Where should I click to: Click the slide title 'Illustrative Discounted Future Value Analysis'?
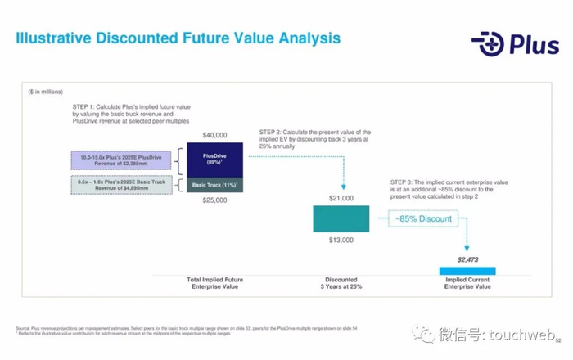click(178, 39)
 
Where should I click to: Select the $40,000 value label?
click(215, 134)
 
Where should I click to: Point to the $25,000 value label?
click(215, 200)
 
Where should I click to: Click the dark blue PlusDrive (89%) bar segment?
click(215, 159)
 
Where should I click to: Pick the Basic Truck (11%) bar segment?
click(215, 185)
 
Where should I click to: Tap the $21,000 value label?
click(341, 199)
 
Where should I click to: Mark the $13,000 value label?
click(341, 241)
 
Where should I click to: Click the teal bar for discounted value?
click(341, 218)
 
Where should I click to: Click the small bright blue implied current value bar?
click(467, 270)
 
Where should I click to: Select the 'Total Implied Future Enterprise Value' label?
click(215, 283)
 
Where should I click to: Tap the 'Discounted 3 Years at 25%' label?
click(341, 283)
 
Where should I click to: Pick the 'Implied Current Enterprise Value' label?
click(467, 283)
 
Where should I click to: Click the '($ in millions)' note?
click(45, 92)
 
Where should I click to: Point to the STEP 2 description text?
click(315, 140)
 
